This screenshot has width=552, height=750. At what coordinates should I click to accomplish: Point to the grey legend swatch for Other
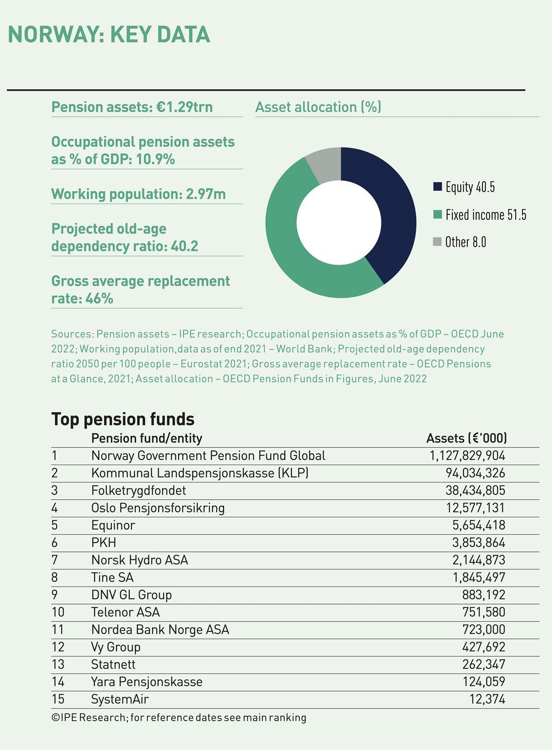point(437,242)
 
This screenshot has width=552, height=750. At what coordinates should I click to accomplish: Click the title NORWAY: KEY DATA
point(109,34)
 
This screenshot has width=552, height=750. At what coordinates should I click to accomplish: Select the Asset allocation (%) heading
point(318,107)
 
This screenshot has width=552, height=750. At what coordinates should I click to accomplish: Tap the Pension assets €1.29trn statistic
point(132,107)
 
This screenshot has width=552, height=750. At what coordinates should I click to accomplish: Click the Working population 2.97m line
point(138,194)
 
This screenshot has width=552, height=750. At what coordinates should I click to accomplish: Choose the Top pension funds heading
point(123,419)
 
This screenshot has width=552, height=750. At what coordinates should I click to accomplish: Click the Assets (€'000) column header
point(466,438)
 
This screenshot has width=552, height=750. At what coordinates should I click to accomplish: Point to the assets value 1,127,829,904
point(467,456)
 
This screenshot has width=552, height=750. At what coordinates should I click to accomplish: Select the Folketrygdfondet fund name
point(138,490)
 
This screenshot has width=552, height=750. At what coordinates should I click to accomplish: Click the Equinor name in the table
point(113,525)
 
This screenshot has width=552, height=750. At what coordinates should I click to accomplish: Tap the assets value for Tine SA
point(479,578)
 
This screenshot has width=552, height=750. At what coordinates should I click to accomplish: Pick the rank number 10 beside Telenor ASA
point(58,612)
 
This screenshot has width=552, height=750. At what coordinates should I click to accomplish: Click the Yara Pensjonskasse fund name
point(146,682)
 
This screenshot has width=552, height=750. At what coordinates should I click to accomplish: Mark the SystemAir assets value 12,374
point(487,699)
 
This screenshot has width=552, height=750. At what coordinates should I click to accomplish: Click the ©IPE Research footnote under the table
point(178,717)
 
